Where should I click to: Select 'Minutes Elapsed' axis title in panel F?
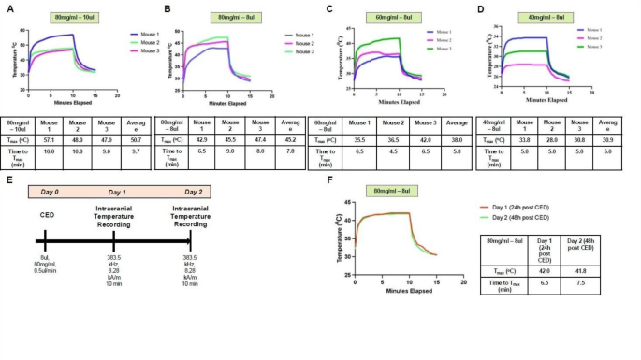click(408, 293)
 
